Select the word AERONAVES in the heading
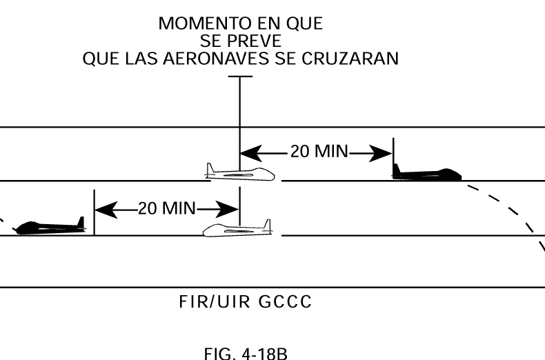click(235, 59)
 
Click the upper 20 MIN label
click(319, 152)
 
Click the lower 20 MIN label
click(167, 208)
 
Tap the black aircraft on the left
click(50, 227)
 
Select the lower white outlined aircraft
click(237, 229)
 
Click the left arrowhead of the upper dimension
click(247, 152)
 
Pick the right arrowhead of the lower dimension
click(230, 208)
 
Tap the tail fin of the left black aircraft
click(81, 222)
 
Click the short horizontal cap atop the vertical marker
click(239, 76)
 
